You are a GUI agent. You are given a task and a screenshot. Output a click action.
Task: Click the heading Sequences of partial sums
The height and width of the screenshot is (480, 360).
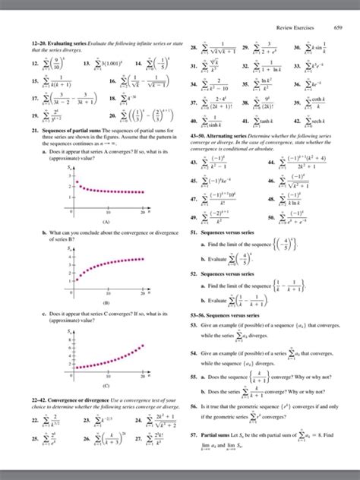coord(68,131)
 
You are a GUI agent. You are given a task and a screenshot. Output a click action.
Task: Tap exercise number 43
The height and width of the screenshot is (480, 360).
coord(193,163)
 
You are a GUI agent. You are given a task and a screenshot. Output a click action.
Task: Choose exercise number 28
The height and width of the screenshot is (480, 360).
coord(193,48)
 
